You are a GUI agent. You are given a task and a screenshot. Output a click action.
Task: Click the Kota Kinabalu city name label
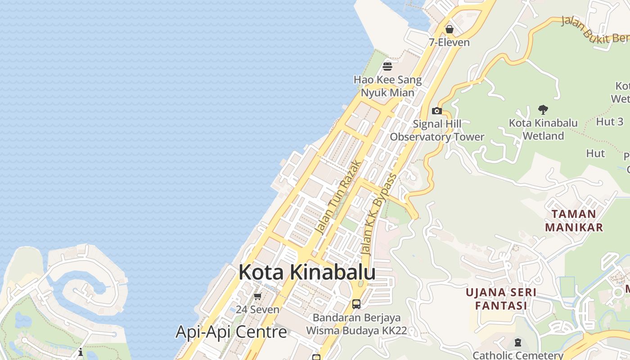(307, 272)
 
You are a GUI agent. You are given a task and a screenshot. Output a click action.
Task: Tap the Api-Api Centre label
(231, 332)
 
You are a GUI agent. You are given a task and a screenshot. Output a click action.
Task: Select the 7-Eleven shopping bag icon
(449, 29)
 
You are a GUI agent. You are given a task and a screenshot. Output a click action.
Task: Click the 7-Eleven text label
(449, 42)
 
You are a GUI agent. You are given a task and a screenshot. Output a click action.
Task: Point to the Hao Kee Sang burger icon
(387, 67)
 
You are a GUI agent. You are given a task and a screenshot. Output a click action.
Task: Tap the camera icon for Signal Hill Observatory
(436, 111)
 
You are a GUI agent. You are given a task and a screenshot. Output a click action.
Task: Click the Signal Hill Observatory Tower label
(437, 130)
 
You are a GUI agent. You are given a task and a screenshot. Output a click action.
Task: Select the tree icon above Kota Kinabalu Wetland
(543, 109)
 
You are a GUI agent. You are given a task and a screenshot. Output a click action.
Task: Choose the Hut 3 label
(610, 121)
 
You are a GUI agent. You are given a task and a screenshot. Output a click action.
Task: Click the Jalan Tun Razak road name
(338, 198)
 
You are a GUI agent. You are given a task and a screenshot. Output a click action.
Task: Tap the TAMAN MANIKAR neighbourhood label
(574, 220)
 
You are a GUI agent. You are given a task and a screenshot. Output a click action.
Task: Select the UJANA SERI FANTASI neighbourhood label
(501, 299)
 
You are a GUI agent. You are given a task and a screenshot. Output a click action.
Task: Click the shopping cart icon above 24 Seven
(257, 296)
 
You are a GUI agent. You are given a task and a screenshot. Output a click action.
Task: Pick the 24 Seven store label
(257, 310)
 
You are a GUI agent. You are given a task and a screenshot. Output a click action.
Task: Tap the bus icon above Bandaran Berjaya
(356, 304)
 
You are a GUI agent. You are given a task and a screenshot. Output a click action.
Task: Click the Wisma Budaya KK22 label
(356, 331)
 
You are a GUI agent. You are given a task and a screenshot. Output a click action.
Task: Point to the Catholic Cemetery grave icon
(517, 343)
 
